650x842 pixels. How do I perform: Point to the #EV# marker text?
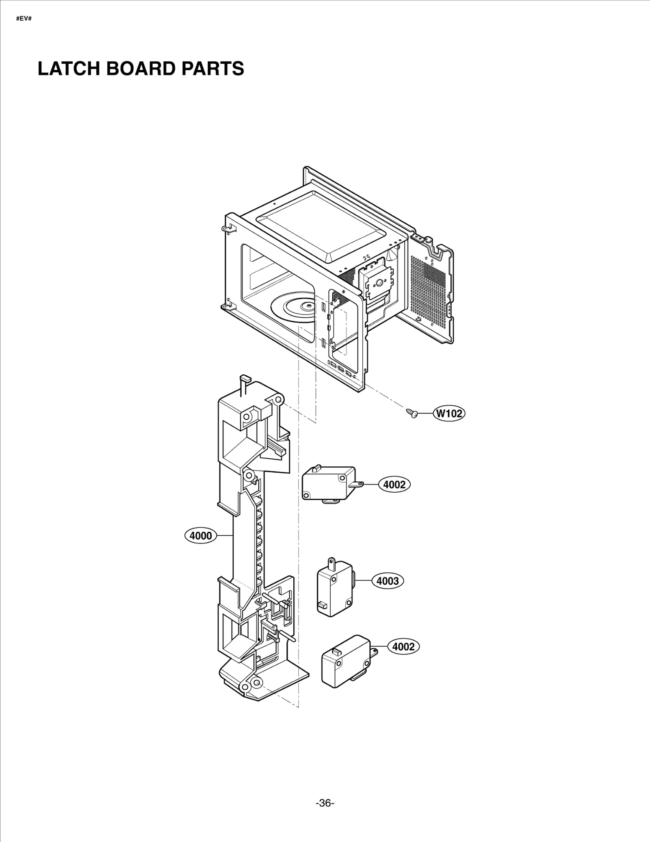24,19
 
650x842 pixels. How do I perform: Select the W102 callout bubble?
449,413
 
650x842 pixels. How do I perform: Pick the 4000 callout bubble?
201,536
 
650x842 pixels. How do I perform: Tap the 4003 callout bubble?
388,581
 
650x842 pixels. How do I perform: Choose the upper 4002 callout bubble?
394,485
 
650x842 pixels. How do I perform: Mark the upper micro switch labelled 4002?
328,483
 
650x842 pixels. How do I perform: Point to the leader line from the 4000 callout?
224,536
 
